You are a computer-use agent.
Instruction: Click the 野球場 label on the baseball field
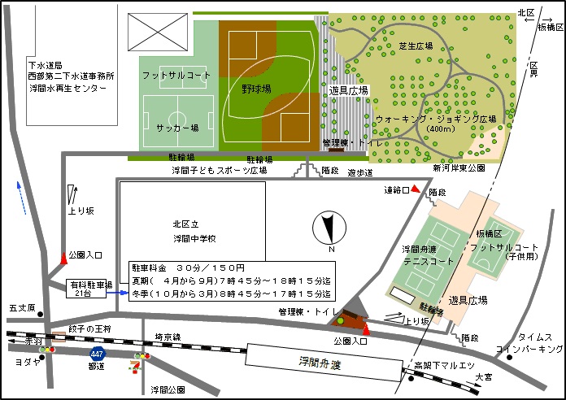click(x=257, y=90)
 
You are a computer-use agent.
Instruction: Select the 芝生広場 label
click(x=414, y=46)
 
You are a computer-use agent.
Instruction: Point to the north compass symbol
click(x=329, y=228)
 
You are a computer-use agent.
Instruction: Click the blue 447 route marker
click(x=97, y=354)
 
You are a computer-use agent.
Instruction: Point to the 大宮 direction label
click(x=484, y=376)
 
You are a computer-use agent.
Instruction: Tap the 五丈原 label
click(x=22, y=309)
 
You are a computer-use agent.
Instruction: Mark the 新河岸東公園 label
click(x=458, y=168)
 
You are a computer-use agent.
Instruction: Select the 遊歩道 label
click(x=359, y=172)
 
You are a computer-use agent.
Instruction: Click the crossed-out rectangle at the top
click(x=155, y=33)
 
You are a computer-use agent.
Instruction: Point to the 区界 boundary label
click(x=533, y=68)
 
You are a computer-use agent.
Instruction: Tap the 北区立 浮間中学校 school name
click(x=194, y=231)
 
